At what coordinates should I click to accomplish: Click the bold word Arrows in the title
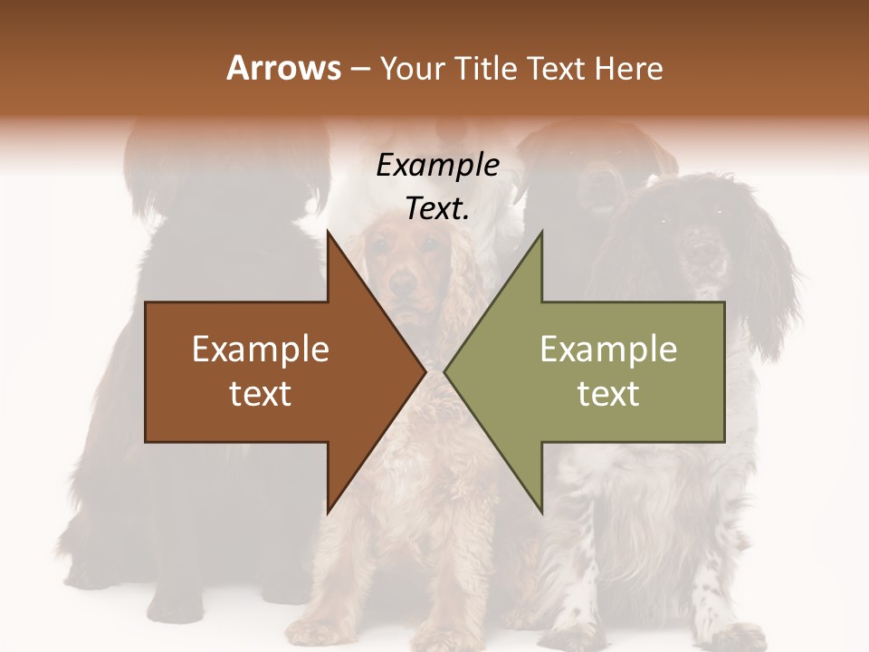(283, 68)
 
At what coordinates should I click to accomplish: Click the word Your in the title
(411, 68)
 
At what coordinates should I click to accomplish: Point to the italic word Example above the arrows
(438, 166)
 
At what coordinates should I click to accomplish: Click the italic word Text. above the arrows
(438, 208)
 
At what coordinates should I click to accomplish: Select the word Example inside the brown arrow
(261, 350)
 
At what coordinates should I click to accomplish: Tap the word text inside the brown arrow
(261, 394)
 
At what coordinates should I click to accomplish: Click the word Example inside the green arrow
(608, 350)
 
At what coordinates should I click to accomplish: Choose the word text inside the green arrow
(608, 394)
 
